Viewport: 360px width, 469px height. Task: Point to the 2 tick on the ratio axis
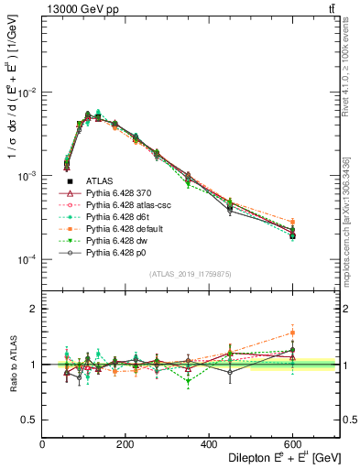coord(35,309)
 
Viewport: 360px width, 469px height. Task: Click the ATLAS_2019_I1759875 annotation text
coord(191,273)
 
